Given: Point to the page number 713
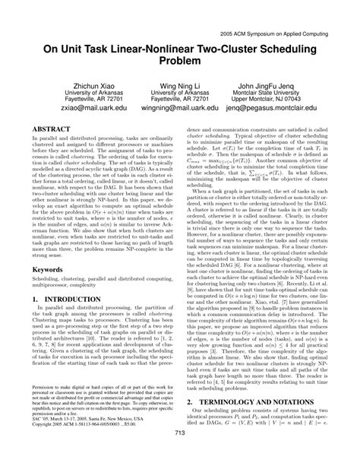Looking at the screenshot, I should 180,454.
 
